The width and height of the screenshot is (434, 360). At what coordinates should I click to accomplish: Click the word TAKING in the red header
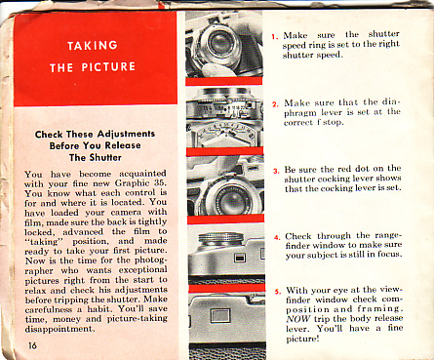(x=93, y=45)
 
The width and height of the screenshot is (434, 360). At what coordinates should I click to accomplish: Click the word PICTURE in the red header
(x=108, y=67)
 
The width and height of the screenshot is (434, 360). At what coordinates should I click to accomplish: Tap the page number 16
(x=32, y=345)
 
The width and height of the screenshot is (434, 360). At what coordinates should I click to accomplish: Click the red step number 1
(x=275, y=36)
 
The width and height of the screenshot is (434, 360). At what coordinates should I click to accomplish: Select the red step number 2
(x=275, y=104)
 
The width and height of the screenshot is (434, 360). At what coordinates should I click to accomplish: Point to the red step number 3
(x=276, y=171)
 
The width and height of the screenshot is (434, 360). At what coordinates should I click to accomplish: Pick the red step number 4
(x=277, y=237)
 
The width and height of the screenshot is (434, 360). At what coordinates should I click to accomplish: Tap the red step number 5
(x=278, y=292)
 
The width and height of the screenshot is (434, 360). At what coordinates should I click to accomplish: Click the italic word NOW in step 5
(x=298, y=319)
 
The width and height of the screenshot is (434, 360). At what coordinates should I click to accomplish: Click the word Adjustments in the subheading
(x=126, y=134)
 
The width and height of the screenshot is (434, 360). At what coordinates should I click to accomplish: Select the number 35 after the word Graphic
(x=160, y=182)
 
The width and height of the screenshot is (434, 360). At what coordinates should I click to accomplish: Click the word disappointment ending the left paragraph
(x=60, y=329)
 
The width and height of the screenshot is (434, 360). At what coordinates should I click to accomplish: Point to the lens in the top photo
(x=218, y=43)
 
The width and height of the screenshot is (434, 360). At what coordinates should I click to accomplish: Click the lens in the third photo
(x=231, y=199)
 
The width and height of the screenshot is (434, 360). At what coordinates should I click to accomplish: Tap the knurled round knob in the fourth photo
(x=221, y=240)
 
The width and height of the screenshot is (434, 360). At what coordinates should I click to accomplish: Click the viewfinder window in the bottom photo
(x=220, y=315)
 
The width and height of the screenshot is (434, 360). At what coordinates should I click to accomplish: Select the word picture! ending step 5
(x=302, y=339)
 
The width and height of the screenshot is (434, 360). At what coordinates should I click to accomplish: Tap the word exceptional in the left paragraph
(x=142, y=270)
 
